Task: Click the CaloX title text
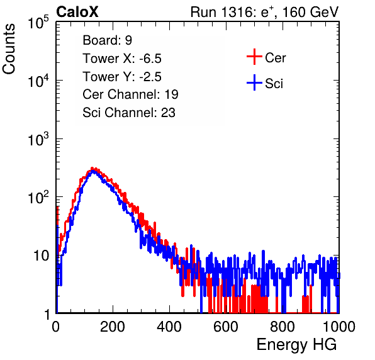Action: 77,11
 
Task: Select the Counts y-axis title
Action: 9,48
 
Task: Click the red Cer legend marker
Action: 254,57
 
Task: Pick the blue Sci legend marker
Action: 254,82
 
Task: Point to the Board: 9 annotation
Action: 107,40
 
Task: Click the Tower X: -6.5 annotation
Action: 122,59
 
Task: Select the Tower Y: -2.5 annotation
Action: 122,77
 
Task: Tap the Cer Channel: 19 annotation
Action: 130,94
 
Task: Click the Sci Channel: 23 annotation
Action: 129,113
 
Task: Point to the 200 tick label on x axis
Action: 113,327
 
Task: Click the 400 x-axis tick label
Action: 169,327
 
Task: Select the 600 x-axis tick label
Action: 226,327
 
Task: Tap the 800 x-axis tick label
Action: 283,327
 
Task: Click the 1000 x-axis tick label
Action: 339,327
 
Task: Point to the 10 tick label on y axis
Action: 42,256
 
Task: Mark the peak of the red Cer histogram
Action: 92,168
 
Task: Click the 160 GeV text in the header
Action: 311,12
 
